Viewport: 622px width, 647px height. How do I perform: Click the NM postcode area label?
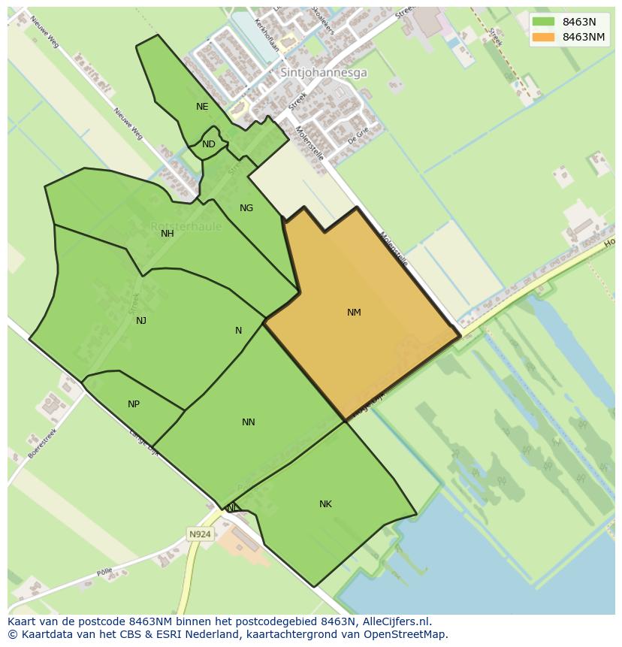(354, 313)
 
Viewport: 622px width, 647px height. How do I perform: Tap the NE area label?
(202, 107)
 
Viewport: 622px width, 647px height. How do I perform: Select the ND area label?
(209, 144)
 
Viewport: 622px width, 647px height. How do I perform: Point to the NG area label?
(246, 208)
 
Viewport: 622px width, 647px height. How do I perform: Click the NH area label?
(168, 234)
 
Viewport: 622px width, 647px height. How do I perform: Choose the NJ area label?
(141, 321)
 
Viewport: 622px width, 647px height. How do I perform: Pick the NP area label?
(134, 404)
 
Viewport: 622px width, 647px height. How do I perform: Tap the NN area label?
(249, 422)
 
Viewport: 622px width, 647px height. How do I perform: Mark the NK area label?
(325, 504)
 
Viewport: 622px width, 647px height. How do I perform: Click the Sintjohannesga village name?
(324, 73)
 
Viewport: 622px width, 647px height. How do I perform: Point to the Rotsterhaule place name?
(186, 226)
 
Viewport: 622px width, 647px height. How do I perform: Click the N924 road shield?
(200, 534)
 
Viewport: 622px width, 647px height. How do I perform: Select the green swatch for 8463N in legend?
(543, 22)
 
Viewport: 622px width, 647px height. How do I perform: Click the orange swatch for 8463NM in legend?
(543, 37)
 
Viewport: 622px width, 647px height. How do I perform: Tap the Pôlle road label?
(104, 573)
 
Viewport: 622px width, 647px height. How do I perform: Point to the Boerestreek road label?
(43, 443)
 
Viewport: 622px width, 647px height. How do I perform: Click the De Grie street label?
(358, 136)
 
